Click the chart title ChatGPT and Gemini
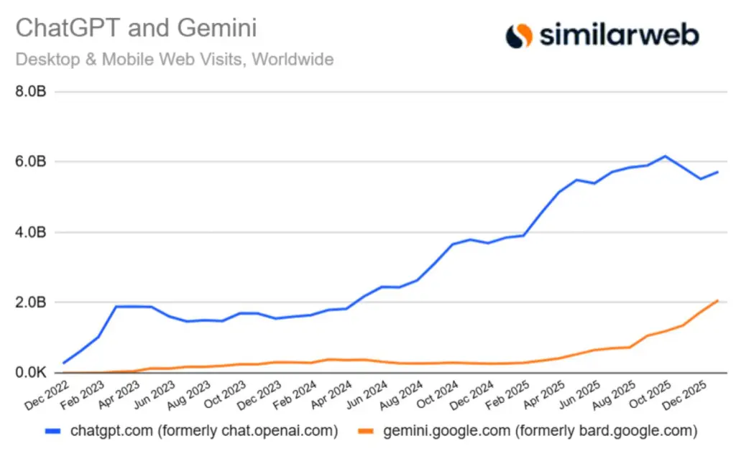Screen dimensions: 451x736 coord(136,29)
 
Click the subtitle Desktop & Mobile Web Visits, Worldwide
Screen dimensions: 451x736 coord(175,59)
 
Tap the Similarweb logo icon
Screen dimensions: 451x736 coord(519,35)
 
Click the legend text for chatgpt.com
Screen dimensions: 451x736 coord(204,431)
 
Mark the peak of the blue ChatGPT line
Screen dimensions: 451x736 coord(666,156)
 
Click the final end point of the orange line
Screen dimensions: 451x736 coord(718,300)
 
